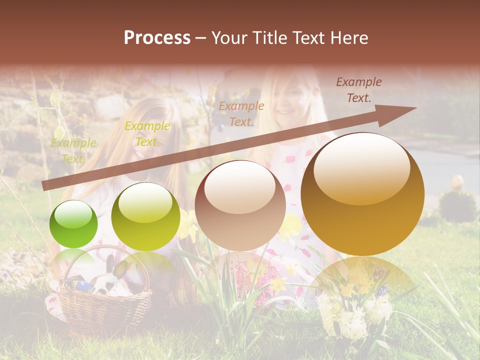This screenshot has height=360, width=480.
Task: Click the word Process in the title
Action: tap(157, 38)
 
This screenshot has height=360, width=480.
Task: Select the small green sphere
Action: tap(73, 224)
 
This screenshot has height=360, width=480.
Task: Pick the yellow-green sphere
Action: tap(145, 216)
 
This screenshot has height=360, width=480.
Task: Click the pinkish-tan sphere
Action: tap(240, 205)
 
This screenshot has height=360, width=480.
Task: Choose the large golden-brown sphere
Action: tap(362, 194)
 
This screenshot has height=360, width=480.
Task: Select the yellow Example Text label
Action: tap(147, 134)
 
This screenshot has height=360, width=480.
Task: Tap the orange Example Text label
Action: tap(241, 113)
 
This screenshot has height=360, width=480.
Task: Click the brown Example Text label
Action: tap(358, 90)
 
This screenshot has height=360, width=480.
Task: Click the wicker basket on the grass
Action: tap(105, 310)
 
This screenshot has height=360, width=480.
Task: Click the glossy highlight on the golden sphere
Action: tap(361, 167)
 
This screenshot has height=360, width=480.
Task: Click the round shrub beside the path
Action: tap(457, 205)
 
